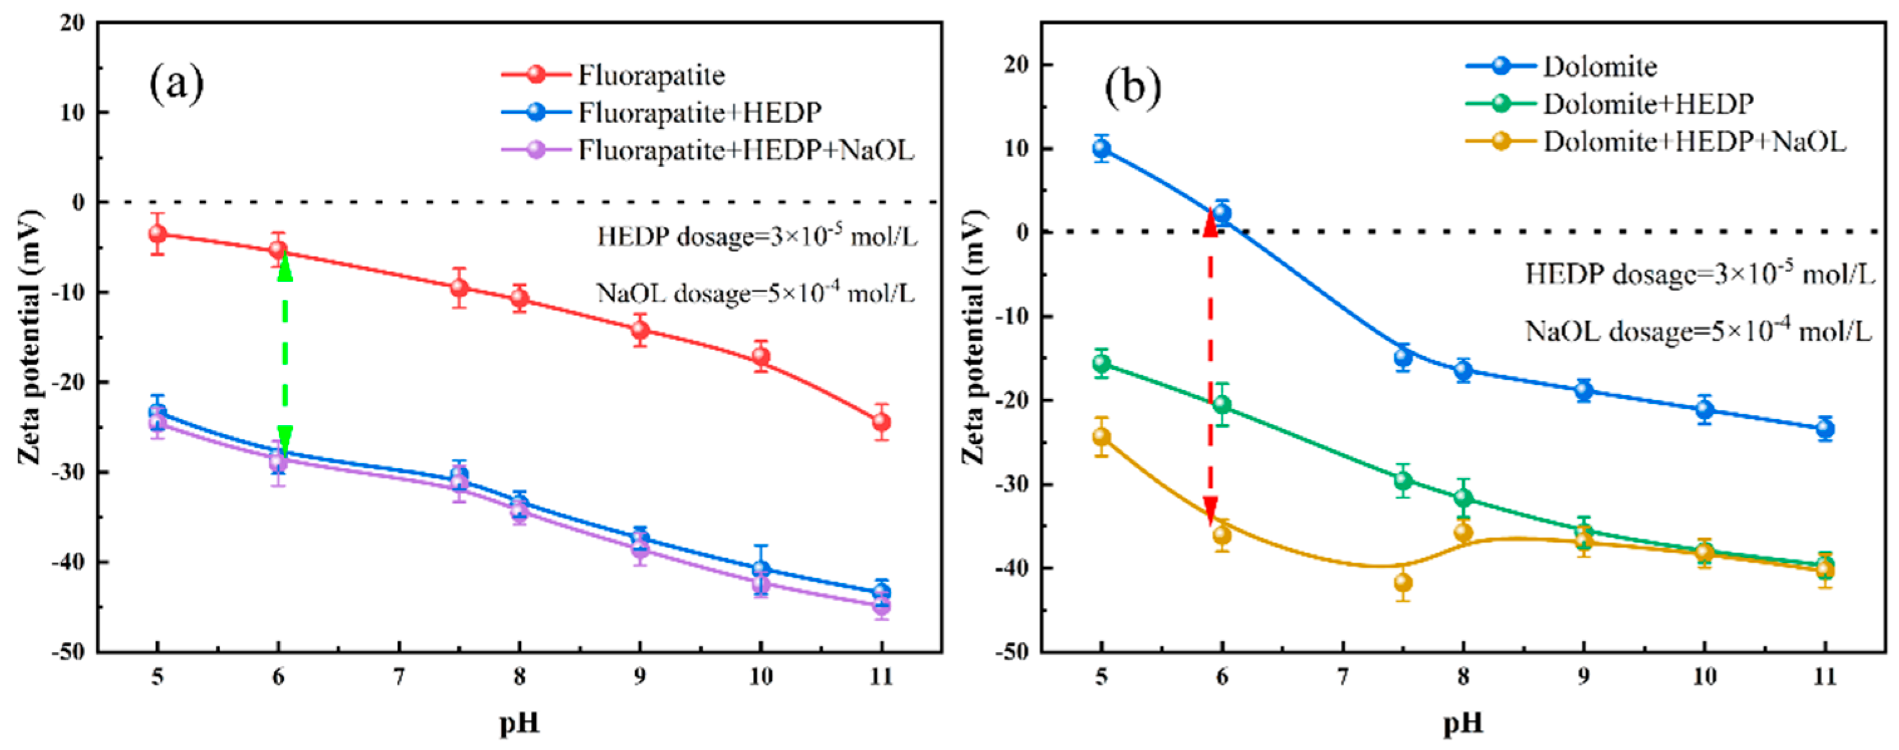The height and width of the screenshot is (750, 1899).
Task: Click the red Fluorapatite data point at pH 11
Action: coord(881,422)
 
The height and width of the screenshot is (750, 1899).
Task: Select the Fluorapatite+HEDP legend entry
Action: coord(699,113)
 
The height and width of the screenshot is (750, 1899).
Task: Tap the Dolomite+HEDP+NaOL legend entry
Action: coord(1694,142)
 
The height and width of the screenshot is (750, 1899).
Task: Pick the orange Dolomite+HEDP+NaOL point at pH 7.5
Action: coord(1403,583)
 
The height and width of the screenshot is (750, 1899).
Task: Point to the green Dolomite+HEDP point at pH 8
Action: coord(1463,499)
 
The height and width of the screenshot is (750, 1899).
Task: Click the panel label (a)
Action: coord(176,85)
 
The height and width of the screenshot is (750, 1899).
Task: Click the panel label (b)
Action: coord(1132,88)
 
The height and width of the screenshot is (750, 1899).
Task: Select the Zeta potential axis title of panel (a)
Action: coord(30,337)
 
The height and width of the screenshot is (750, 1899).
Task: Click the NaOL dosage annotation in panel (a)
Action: coord(755,293)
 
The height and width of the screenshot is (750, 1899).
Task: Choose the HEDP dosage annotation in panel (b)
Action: coord(1699,274)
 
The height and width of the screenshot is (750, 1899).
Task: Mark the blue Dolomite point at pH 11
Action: coord(1824,428)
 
